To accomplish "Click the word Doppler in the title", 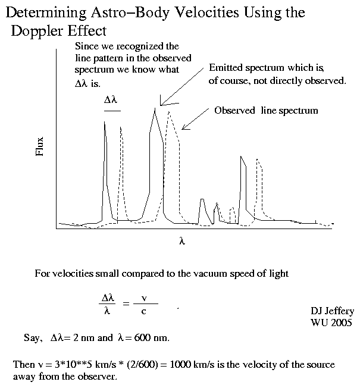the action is (36, 32).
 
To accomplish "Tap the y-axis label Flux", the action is (40, 146).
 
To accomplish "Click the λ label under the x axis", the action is (182, 241).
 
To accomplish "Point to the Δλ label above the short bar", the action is (110, 99).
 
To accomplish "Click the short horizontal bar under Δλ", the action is (112, 111).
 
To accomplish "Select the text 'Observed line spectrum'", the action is (266, 111).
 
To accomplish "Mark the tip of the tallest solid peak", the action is (155, 108).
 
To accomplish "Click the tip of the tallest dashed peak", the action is (169, 112).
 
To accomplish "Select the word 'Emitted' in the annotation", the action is (226, 68).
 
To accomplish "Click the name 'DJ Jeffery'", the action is (332, 311).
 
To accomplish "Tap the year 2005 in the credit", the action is (342, 323).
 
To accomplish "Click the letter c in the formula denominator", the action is (144, 311).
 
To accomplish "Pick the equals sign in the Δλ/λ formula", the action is (126, 303).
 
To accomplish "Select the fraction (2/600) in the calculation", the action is (142, 364).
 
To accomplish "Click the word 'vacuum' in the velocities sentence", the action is (210, 274).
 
